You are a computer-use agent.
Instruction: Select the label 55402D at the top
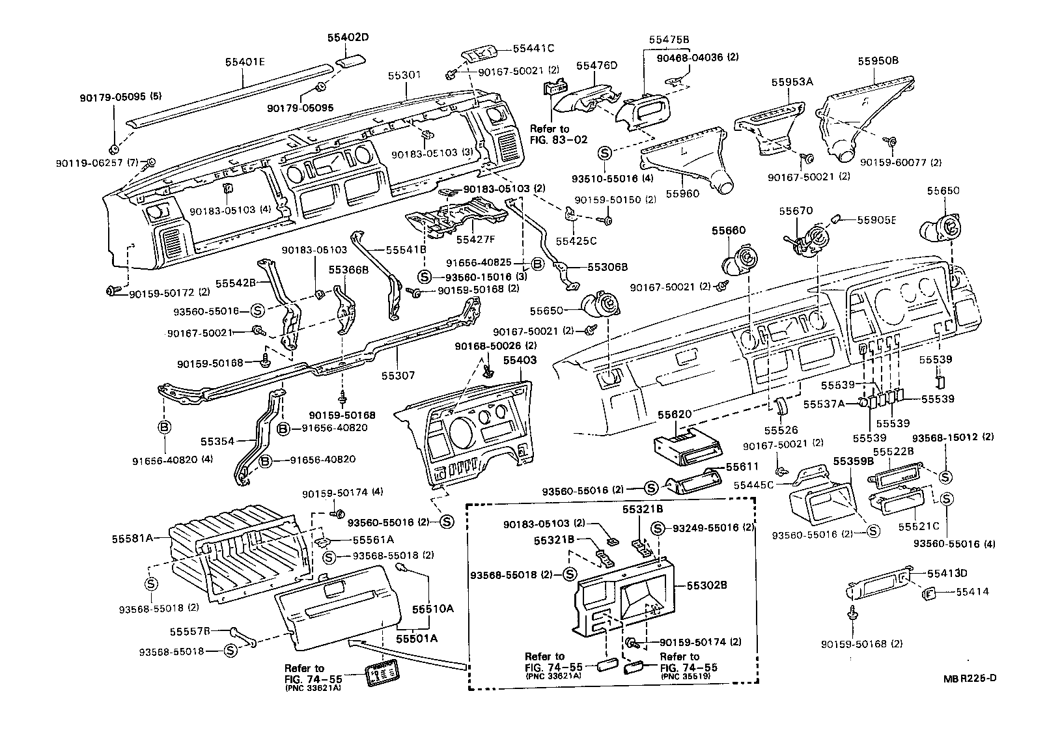[x=348, y=38]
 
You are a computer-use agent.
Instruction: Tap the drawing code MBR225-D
[x=970, y=678]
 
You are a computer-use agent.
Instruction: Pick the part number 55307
[x=398, y=376]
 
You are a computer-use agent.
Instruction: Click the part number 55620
[x=674, y=414]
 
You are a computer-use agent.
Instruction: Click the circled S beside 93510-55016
[x=604, y=154]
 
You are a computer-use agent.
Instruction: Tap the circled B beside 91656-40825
[x=538, y=264]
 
